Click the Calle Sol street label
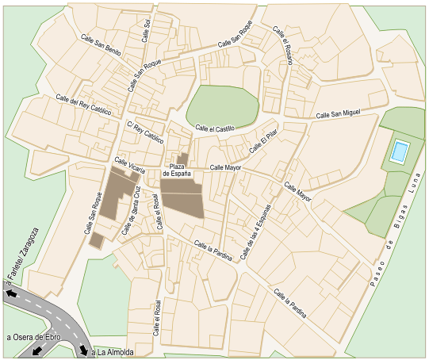[146, 30]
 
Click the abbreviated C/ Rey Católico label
[144, 132]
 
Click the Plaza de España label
[177, 169]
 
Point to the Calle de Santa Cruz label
[132, 210]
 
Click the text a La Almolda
[113, 351]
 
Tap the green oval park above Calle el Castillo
[222, 105]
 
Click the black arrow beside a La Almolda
[84, 350]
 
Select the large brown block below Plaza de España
[182, 198]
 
